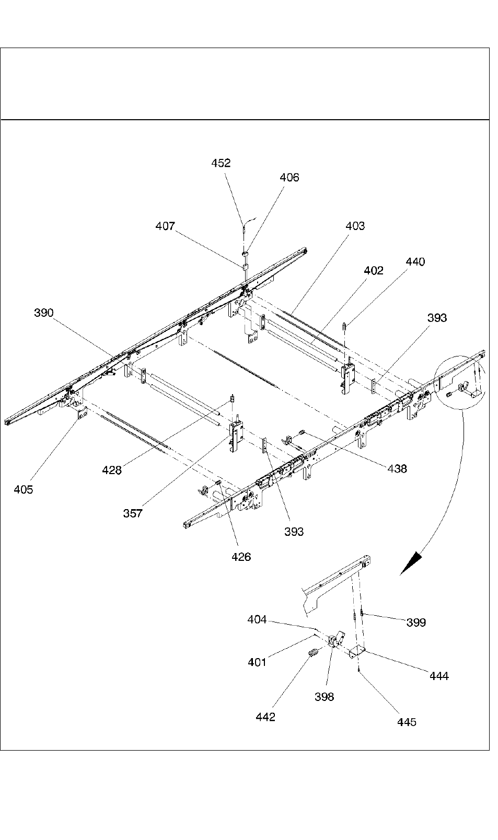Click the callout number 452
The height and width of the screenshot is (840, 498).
pos(221,163)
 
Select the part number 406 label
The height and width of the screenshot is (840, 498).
pos(289,178)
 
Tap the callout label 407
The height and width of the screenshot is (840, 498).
pos(165,226)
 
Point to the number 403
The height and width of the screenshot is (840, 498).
pos(355,226)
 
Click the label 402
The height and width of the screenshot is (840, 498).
pos(374,271)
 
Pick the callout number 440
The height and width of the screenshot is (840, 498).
pos(415,262)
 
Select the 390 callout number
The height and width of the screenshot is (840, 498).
pos(44,313)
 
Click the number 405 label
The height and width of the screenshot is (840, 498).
pos(24,490)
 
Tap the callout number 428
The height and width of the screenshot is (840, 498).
pos(112,470)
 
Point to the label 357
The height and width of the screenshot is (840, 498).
pos(133,514)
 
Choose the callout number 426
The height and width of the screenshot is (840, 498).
pos(241,557)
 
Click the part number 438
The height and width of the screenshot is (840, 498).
pos(397,469)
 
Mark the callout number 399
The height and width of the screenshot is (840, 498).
pos(416,623)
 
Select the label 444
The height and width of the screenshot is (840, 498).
pos(439,676)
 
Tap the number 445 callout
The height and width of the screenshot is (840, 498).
pos(407,722)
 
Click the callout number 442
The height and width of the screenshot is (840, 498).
pos(265,717)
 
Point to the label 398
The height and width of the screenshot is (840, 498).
pos(325,697)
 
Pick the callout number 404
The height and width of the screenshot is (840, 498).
pos(257,620)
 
